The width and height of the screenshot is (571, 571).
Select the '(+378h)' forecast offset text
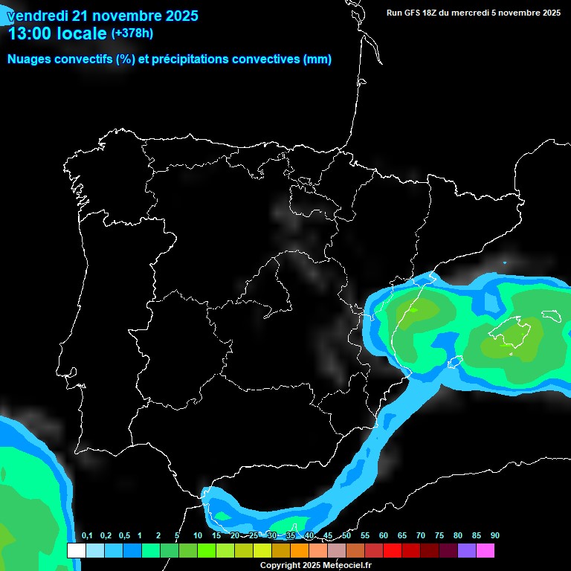[x=132, y=33]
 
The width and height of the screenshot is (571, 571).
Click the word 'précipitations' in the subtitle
[x=190, y=59]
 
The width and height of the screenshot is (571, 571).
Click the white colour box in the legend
[x=76, y=550]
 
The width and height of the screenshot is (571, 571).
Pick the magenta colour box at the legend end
[x=485, y=550]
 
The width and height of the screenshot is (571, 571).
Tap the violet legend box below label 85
[x=466, y=550]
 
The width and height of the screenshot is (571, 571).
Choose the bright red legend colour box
[x=392, y=550]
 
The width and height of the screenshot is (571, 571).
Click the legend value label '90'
[x=494, y=535]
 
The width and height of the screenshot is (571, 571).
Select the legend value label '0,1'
[x=87, y=535]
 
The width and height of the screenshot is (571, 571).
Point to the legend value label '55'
[x=364, y=535]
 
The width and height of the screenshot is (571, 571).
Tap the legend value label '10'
[x=197, y=535]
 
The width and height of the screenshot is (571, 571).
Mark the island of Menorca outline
[x=551, y=315]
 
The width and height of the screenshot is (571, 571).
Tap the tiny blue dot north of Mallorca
[x=505, y=262]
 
